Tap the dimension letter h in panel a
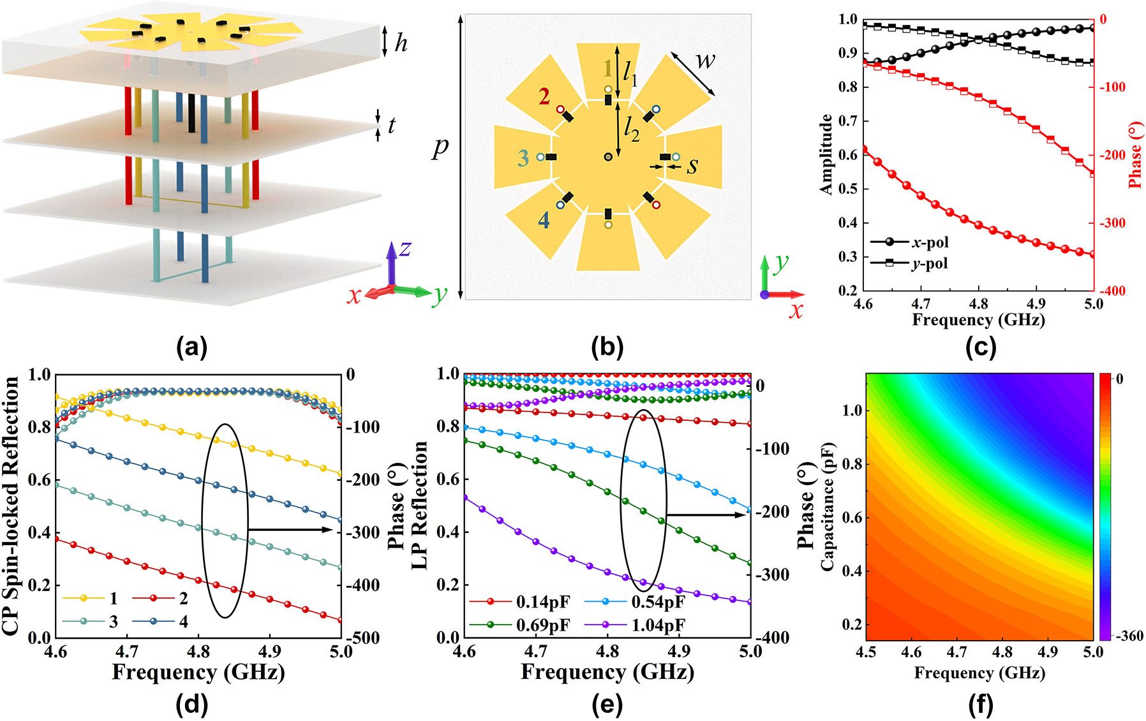[x=401, y=43]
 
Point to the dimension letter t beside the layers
[x=391, y=126]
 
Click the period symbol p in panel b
[x=440, y=149]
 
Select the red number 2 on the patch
[x=544, y=97]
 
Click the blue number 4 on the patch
[x=543, y=221]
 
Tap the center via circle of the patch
[x=608, y=157]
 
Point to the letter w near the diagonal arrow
[x=704, y=61]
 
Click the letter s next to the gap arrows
[x=692, y=166]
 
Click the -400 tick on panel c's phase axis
[x=1112, y=291]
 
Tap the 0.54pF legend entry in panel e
[x=657, y=602]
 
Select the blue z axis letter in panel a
[x=405, y=249]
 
